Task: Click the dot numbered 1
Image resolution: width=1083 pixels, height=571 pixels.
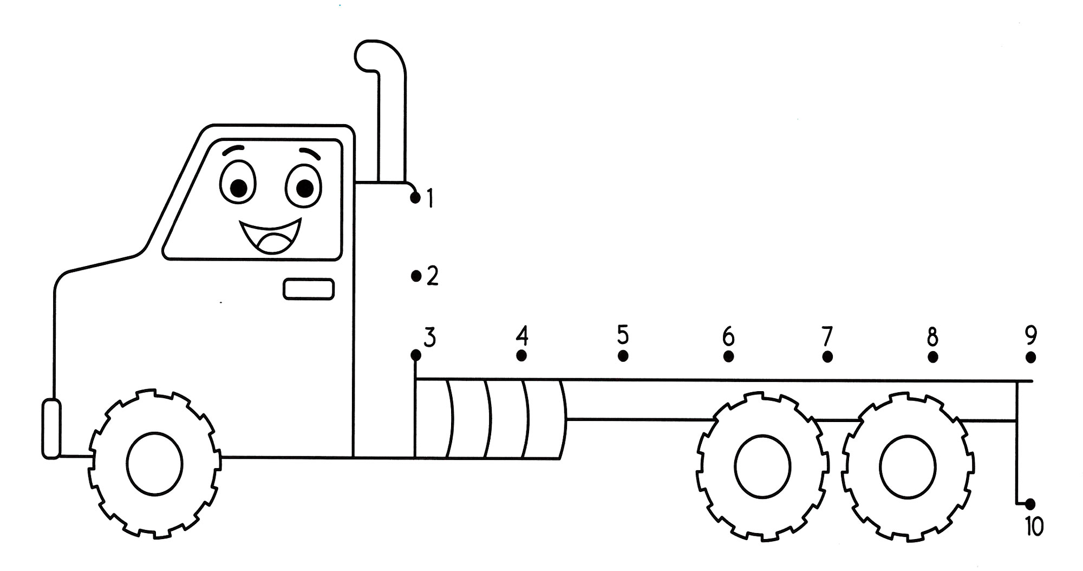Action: click(x=415, y=198)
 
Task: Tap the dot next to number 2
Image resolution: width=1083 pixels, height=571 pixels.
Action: click(x=416, y=276)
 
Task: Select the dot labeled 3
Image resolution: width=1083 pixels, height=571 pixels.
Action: click(x=416, y=355)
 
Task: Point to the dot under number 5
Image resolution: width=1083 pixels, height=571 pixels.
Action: click(x=623, y=356)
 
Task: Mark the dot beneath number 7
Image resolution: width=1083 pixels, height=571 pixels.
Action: click(x=827, y=356)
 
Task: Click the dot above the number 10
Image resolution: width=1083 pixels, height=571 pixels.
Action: click(x=1030, y=503)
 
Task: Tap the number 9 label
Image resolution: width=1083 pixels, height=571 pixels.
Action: click(x=1031, y=335)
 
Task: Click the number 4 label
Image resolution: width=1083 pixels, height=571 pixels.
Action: click(x=521, y=336)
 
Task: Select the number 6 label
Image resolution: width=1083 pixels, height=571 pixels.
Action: click(x=728, y=336)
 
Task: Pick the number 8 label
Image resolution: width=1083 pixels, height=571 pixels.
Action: click(x=932, y=337)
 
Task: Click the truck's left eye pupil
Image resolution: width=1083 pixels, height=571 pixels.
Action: click(x=239, y=187)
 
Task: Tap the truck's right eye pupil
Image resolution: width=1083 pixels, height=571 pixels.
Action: click(x=305, y=189)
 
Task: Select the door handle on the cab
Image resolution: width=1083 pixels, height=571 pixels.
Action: click(x=309, y=289)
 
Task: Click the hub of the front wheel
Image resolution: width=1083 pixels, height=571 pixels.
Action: click(x=155, y=464)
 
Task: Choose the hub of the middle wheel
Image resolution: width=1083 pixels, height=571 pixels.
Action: click(x=763, y=466)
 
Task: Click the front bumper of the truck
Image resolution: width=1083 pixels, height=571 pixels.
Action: click(x=51, y=429)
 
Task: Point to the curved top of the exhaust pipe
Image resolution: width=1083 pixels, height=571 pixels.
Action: click(x=380, y=54)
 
